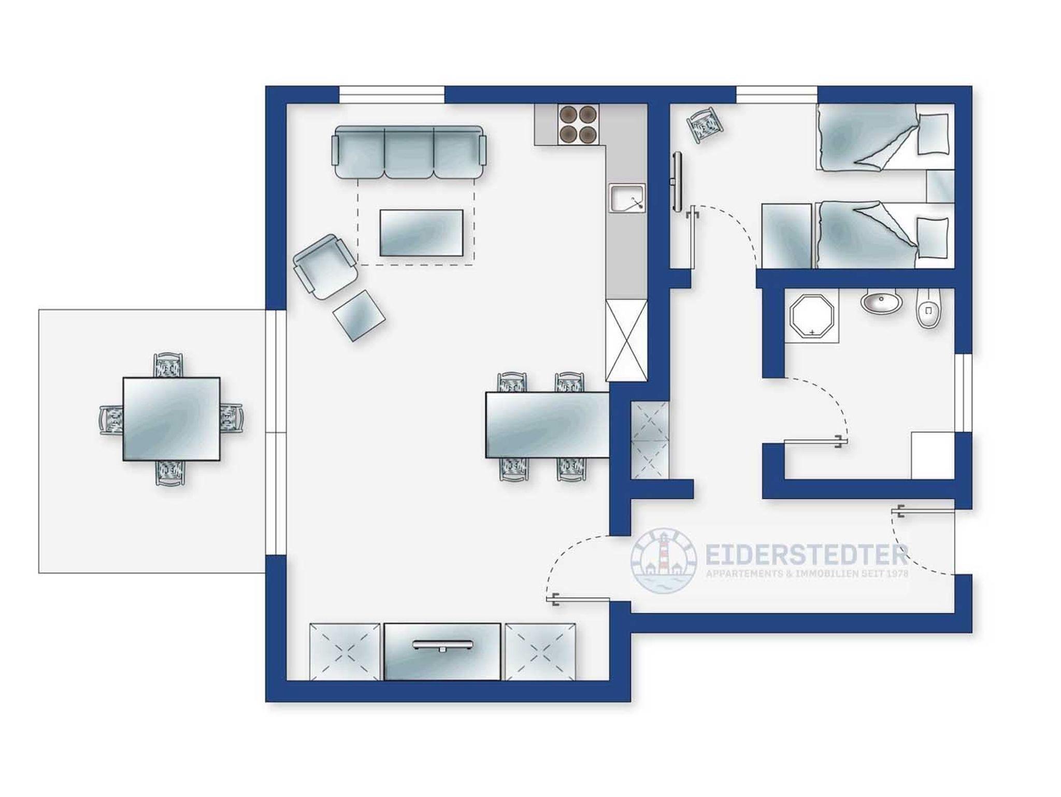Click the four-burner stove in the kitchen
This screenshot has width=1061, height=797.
(x=578, y=124)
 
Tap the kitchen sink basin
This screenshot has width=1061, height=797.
(x=627, y=198)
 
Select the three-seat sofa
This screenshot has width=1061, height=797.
(x=409, y=152)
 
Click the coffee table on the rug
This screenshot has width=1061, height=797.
(x=421, y=233)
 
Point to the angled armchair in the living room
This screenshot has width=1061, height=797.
(x=325, y=266)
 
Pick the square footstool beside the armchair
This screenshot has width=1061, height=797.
(x=359, y=315)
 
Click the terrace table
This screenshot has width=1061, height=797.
(x=171, y=419)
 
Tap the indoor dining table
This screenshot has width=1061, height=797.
(x=547, y=425)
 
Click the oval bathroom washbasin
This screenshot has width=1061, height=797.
(x=882, y=302)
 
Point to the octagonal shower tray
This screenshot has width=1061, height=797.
(x=812, y=317)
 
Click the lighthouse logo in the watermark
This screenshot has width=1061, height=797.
(x=663, y=561)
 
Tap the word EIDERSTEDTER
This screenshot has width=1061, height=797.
(x=807, y=554)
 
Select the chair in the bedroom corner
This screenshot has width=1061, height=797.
(x=704, y=124)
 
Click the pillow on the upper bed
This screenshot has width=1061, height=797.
(x=934, y=134)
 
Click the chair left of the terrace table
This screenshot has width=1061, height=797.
(x=111, y=419)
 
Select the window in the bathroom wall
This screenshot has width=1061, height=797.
(x=963, y=393)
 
